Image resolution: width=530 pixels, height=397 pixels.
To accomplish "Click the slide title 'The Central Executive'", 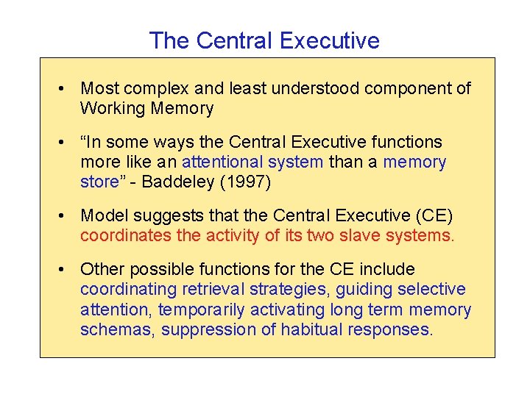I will coord(264,40).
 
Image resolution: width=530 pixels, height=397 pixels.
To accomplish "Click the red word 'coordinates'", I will coord(124,236).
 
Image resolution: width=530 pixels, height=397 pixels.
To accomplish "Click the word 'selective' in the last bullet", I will coord(433,290).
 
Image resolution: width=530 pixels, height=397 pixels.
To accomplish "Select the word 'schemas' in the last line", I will coord(116,329).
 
